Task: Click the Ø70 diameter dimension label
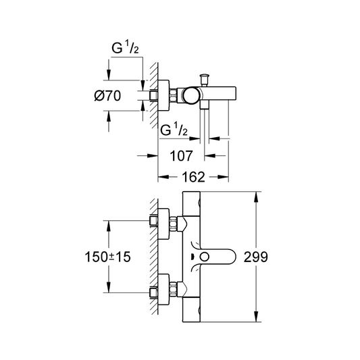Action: [x=107, y=96]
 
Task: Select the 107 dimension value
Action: [x=181, y=156]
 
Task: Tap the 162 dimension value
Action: [x=193, y=177]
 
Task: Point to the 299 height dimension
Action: [x=255, y=257]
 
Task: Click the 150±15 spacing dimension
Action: [x=107, y=257]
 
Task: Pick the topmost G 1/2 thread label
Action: [x=125, y=48]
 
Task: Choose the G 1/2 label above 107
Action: [x=174, y=130]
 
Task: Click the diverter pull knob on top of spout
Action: [x=204, y=80]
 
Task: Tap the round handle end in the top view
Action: [x=190, y=95]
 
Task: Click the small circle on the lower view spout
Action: [x=204, y=257]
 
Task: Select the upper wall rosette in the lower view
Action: [x=163, y=224]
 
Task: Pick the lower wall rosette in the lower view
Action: [x=163, y=289]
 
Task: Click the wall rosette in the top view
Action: [x=163, y=95]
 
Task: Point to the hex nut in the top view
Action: [x=173, y=95]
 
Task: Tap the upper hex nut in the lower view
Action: [x=173, y=224]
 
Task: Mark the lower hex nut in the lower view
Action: [x=173, y=289]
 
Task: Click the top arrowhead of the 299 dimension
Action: [x=256, y=197]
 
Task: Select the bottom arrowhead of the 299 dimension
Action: [x=256, y=317]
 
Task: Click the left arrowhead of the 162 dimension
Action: [x=163, y=177]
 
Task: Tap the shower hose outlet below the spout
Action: [x=205, y=105]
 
